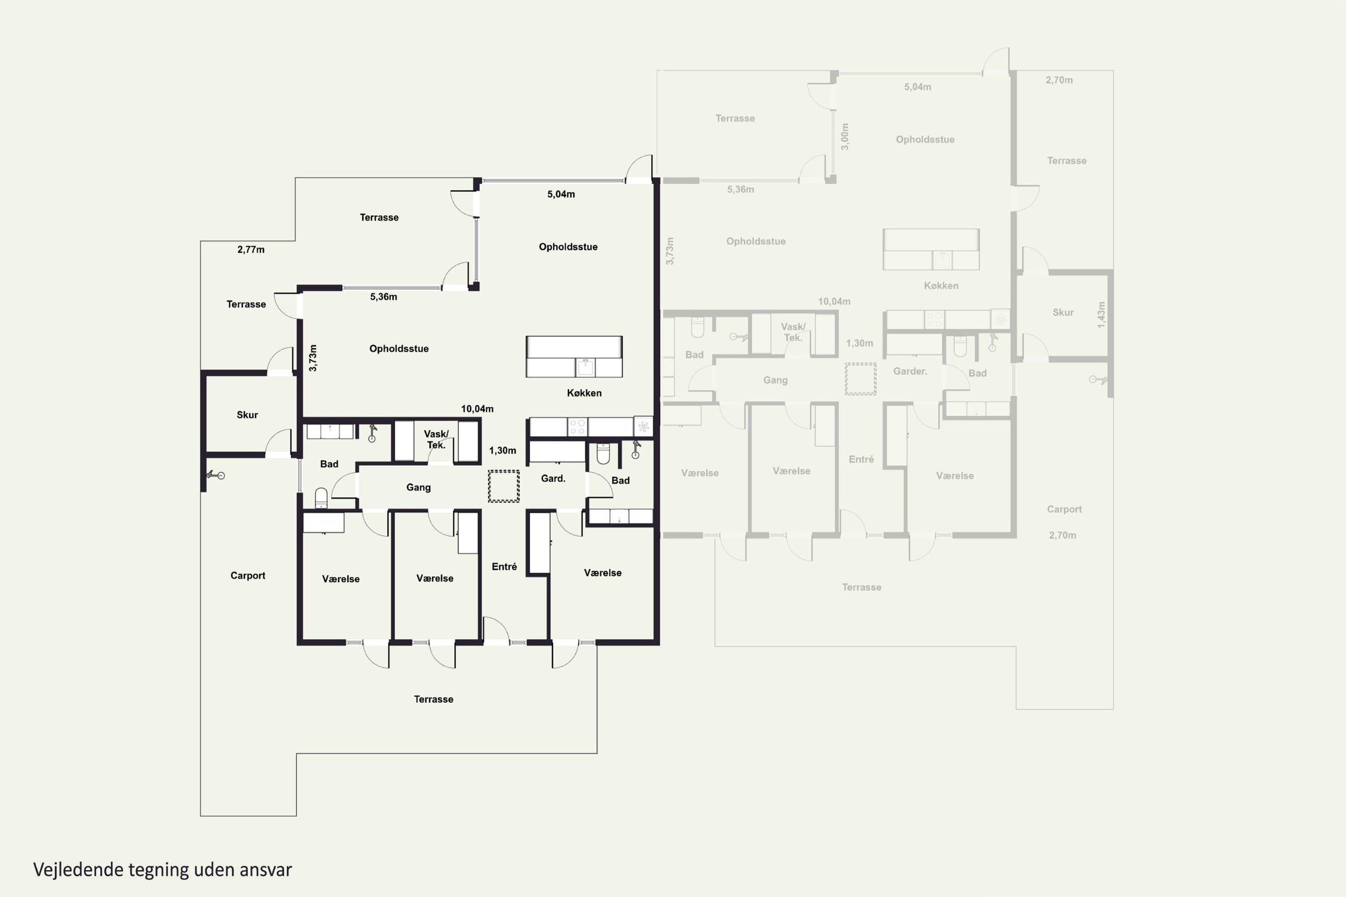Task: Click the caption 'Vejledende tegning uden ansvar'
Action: coord(162,870)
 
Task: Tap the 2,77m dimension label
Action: coord(251,249)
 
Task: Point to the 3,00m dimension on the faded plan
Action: coord(845,137)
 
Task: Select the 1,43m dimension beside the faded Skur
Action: coord(1101,315)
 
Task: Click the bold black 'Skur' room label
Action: coord(247,415)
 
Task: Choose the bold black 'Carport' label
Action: coord(248,575)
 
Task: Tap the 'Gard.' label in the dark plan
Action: coord(553,478)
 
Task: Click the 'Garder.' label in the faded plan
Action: coord(910,371)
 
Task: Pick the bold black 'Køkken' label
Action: coord(584,393)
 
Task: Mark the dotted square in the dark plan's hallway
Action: coord(503,486)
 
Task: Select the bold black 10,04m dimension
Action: coord(477,409)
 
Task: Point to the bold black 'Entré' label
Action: coord(504,566)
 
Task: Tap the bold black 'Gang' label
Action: coord(418,488)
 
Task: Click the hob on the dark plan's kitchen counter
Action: coord(577,427)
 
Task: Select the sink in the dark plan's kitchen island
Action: coord(585,367)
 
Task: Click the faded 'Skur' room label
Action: coord(1063,312)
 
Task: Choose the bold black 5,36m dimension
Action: coord(384,296)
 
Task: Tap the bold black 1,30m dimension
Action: coord(503,450)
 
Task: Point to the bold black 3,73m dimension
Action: coord(312,358)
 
